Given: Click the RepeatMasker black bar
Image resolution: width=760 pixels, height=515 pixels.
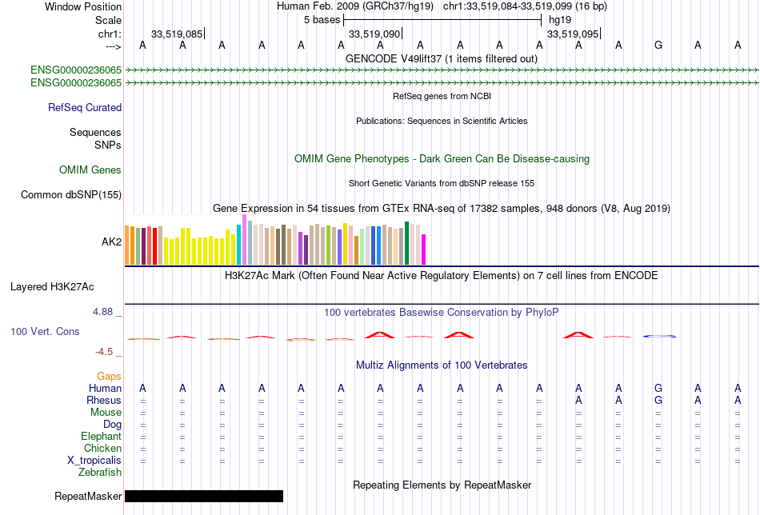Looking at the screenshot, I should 204,497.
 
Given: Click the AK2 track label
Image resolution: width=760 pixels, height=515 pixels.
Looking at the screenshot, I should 111,241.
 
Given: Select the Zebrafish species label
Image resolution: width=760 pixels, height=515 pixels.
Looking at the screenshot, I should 100,473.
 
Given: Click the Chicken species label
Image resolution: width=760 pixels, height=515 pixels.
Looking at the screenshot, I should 102,449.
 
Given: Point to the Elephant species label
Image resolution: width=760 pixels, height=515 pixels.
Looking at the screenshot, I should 101,437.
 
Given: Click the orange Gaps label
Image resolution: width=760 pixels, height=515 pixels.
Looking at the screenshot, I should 109,376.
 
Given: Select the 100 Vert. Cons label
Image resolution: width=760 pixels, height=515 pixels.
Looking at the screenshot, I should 45,331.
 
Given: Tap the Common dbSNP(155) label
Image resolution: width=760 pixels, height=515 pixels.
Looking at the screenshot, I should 71,194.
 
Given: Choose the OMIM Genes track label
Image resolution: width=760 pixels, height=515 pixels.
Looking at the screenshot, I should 90,170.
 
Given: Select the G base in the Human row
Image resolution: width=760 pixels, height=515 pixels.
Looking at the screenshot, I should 658,388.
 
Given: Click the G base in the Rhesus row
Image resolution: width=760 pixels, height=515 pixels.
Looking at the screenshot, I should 658,400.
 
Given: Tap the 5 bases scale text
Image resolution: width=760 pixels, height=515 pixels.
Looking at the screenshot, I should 322,20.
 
